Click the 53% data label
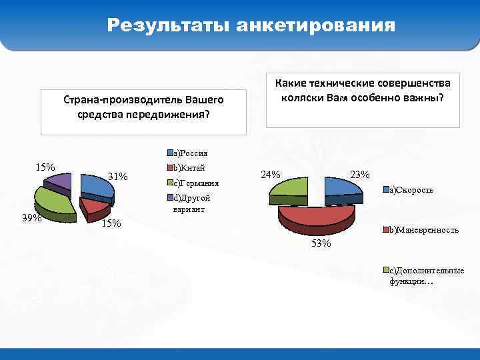click(x=321, y=243)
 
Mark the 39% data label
click(x=31, y=218)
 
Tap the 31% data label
click(x=118, y=177)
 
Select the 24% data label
click(x=271, y=175)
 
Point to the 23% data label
click(x=359, y=175)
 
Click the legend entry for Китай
click(x=188, y=167)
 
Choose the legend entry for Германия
click(x=195, y=183)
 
